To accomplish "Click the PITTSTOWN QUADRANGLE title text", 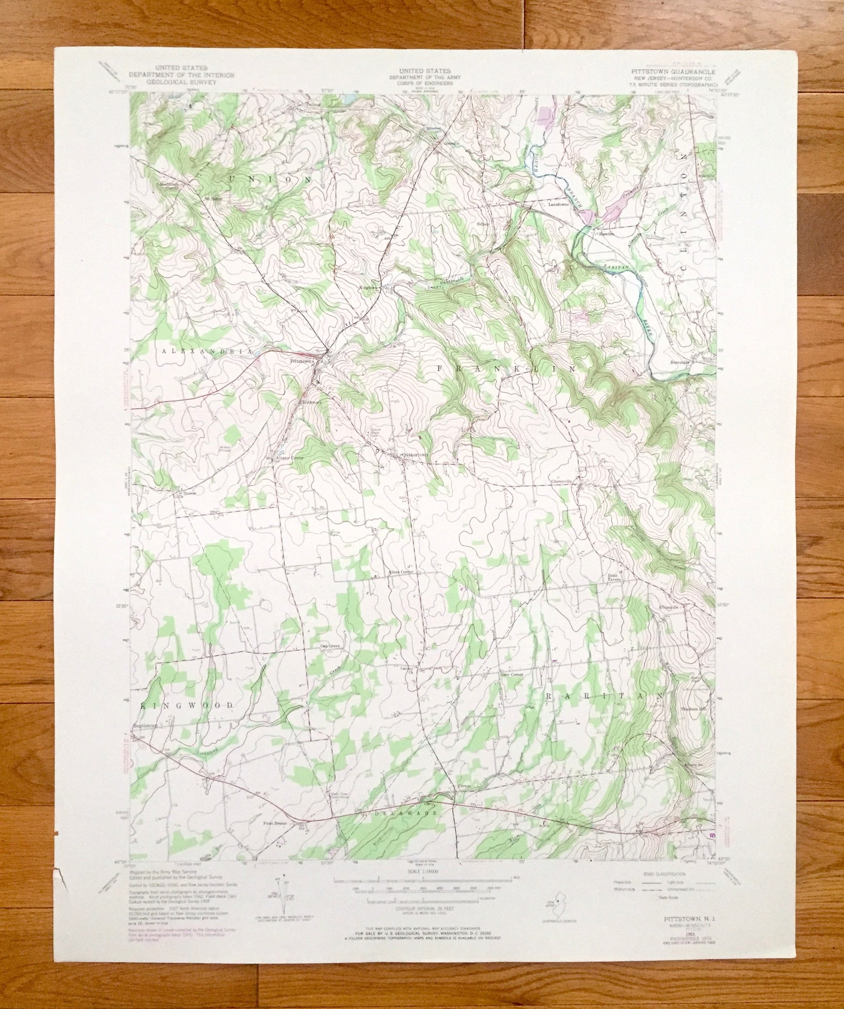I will click(672, 71).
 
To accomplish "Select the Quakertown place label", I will click(415, 455).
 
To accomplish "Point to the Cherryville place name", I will click(561, 481).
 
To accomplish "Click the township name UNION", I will click(270, 180).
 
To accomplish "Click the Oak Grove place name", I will click(330, 646).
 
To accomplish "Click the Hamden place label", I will click(606, 233).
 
